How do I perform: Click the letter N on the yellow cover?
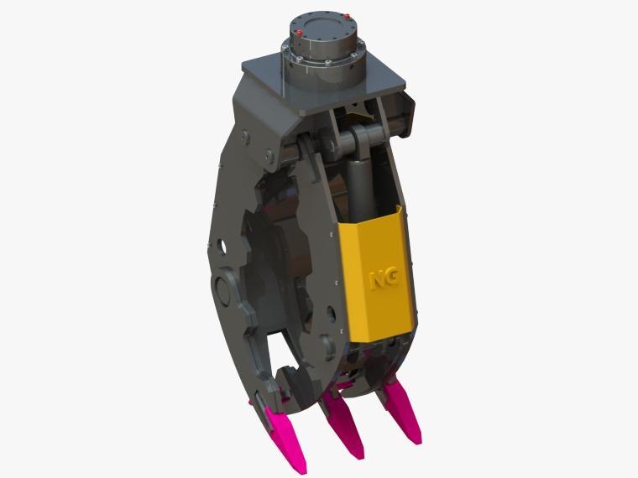click(377, 280)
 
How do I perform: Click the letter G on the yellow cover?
click(392, 278)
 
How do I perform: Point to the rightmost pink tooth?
click(400, 411)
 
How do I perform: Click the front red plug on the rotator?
click(300, 33)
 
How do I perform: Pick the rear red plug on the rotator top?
click(347, 17)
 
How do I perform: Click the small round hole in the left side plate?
click(222, 246)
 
